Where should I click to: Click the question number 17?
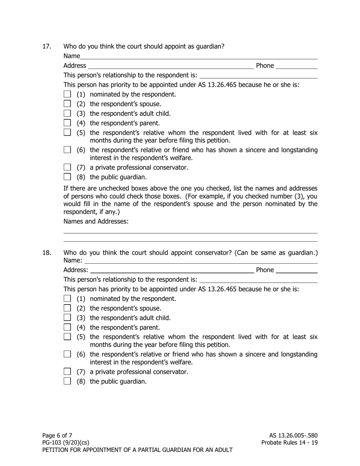pos(46,47)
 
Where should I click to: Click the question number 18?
pos(46,253)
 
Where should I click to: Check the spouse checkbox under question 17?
pos(67,104)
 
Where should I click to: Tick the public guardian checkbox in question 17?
pos(67,177)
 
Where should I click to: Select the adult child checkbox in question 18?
pos(67,317)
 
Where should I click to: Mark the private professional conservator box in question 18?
pos(67,372)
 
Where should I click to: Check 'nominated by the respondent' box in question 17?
pos(67,94)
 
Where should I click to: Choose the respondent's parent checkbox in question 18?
pos(67,327)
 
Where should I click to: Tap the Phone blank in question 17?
pos(296,66)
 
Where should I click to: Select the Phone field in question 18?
pos(296,270)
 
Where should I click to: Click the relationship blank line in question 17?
pos(258,75)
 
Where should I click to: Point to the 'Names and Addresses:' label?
pos(96,221)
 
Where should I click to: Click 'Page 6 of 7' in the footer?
pos(57,435)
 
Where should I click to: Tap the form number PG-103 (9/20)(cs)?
pos(66,443)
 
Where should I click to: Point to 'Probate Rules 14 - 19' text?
pos(289,443)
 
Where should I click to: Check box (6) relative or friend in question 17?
pos(67,150)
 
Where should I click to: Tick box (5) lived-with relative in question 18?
pos(67,337)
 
